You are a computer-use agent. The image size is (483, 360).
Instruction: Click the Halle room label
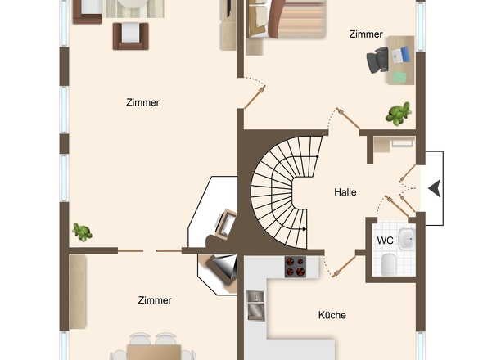click(345, 192)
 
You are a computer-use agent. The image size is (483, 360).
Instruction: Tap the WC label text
click(385, 240)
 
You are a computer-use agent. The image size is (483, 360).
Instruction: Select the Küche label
click(332, 315)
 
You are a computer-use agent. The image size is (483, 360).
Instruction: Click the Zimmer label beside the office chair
click(365, 34)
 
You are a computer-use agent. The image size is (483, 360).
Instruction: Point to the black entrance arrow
click(434, 187)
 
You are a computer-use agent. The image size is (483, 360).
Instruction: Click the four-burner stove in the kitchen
click(296, 266)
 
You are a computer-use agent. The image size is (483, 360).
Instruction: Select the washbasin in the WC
click(406, 239)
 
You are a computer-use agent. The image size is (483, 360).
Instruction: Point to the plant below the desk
click(399, 114)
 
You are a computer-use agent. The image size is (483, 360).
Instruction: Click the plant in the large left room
click(81, 232)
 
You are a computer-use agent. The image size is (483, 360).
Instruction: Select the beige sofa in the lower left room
click(78, 291)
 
